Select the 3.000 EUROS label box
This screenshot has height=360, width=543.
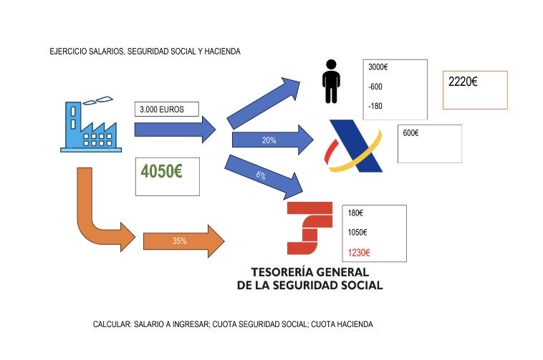click(x=165, y=110)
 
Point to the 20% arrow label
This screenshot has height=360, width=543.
click(x=269, y=140)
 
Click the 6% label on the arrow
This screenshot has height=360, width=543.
click(x=261, y=175)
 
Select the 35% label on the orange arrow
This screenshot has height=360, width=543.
click(x=180, y=241)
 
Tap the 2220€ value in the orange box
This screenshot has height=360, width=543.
click(x=463, y=82)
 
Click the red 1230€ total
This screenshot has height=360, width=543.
click(x=358, y=252)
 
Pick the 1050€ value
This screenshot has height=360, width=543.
click(x=357, y=233)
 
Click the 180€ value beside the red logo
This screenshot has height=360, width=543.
click(x=355, y=213)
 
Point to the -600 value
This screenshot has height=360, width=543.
click(x=375, y=87)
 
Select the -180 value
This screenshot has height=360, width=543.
click(x=375, y=106)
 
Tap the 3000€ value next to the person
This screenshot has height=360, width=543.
click(x=378, y=67)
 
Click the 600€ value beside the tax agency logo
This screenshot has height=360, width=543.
click(x=411, y=133)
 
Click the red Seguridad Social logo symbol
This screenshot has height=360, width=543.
click(x=309, y=228)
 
